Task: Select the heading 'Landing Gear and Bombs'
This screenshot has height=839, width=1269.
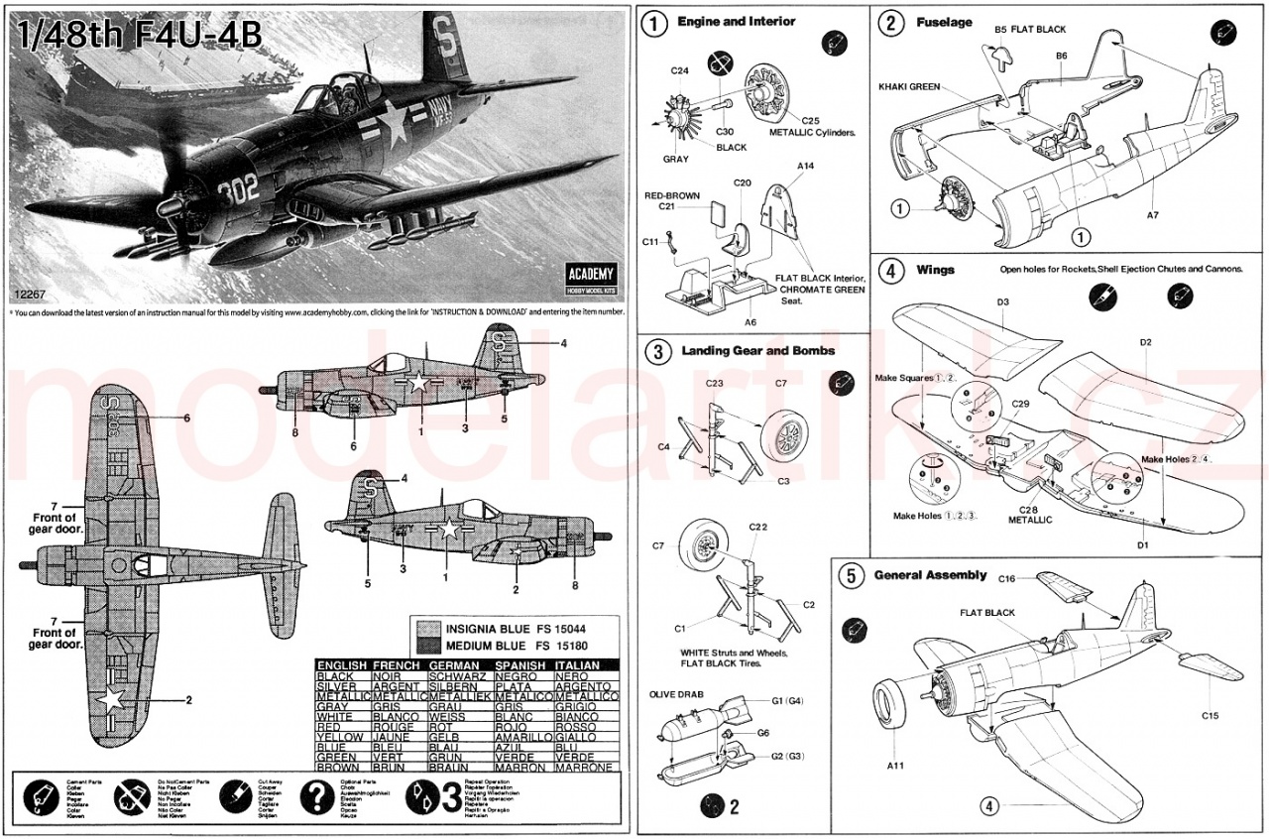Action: click(x=757, y=350)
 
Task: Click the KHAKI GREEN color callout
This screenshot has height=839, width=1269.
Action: click(x=908, y=87)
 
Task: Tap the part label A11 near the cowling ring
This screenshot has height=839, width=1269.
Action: click(x=895, y=765)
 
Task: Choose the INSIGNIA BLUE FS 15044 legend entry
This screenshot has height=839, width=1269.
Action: click(x=515, y=629)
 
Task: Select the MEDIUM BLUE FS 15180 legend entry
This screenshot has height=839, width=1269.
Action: click(x=515, y=646)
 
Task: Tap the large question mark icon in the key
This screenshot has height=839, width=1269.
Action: click(x=315, y=795)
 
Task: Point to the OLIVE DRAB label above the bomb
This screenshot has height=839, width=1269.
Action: click(x=677, y=694)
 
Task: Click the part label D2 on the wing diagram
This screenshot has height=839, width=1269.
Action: click(x=1145, y=342)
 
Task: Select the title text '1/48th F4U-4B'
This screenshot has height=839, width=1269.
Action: click(x=140, y=36)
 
